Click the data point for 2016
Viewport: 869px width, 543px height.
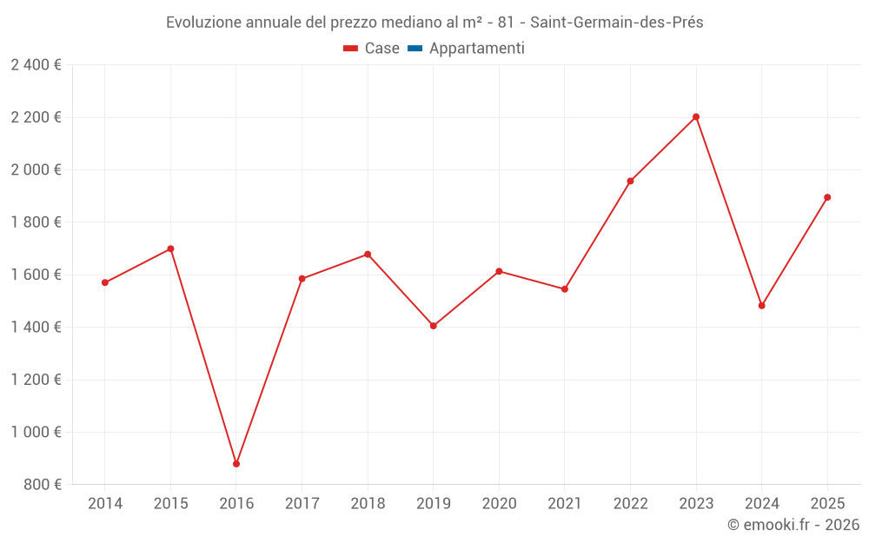pos(236,464)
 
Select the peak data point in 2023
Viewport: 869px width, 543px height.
pos(696,116)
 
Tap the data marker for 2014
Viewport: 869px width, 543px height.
pos(105,282)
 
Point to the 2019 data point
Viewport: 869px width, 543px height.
pos(434,326)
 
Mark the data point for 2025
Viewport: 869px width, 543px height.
pos(827,197)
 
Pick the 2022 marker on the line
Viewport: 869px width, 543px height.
pos(630,181)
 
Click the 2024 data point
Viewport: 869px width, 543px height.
pos(762,306)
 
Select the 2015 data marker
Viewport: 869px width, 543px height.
pos(170,248)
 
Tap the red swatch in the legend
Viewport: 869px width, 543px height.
pos(351,49)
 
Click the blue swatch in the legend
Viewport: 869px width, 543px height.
pos(415,49)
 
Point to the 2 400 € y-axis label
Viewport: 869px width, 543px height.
pos(36,65)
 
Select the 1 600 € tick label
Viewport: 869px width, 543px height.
pos(36,275)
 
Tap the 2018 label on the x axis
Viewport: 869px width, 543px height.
pos(368,504)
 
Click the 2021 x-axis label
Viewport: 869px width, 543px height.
pos(565,504)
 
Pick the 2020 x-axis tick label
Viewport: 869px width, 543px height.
pos(499,504)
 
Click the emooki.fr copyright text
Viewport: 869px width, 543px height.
pos(793,525)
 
